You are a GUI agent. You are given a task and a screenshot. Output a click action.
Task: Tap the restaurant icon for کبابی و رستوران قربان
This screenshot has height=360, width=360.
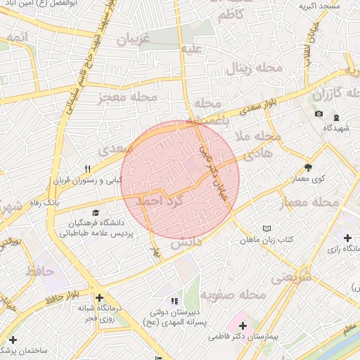(88, 169)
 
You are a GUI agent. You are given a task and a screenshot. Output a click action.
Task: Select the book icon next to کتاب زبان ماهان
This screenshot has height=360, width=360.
(266, 229)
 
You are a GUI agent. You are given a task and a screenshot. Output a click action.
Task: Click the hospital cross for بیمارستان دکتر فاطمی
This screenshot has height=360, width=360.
(243, 326)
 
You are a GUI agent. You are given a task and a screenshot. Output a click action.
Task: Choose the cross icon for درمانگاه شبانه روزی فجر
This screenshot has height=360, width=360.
(99, 297)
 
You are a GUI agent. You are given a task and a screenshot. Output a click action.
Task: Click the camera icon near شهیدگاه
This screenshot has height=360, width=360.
(319, 114)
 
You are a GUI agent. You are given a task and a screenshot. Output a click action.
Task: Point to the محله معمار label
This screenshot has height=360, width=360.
(309, 202)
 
